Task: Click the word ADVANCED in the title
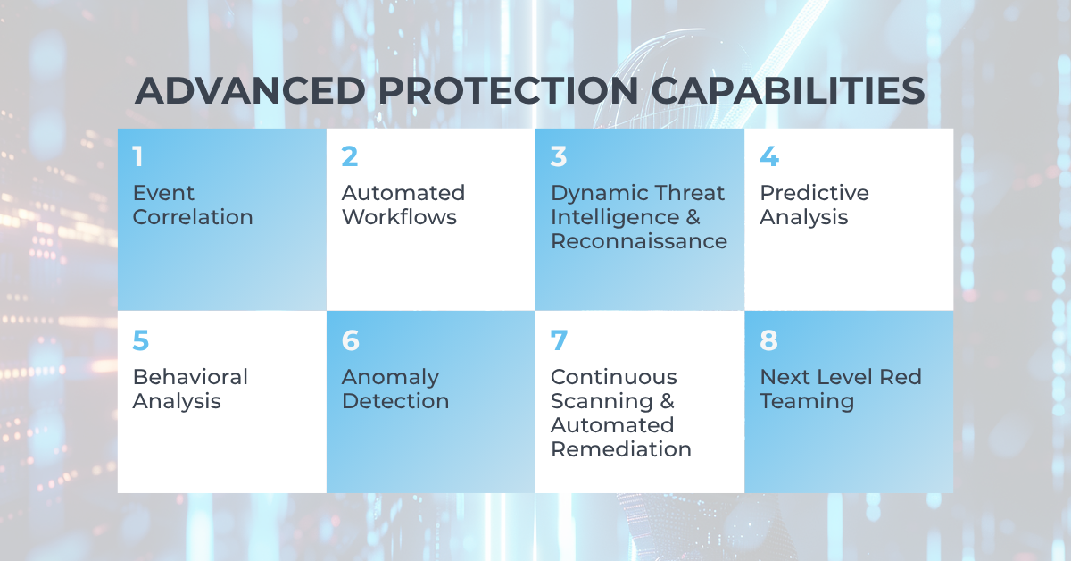250,90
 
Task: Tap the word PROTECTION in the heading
508,90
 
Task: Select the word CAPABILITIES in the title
788,90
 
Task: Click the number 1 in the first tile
138,156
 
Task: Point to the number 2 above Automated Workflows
350,156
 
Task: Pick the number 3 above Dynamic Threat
559,156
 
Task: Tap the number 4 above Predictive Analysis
769,156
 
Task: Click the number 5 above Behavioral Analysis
141,340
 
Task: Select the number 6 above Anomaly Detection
351,340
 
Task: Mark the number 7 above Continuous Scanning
559,340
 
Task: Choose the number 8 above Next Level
768,340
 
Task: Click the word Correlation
193,217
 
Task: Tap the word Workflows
400,217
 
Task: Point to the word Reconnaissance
639,241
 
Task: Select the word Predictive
814,193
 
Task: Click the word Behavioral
190,377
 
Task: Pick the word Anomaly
391,378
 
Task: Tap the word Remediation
621,449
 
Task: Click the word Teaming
807,402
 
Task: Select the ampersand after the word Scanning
667,401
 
